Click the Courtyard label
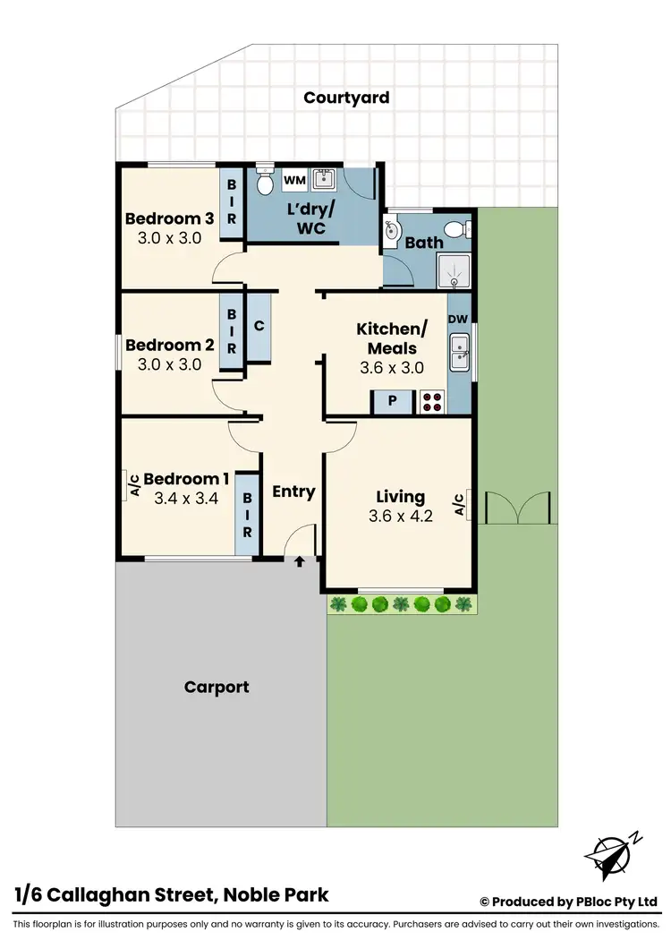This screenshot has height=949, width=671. coord(346,98)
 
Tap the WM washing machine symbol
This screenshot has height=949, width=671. coord(294,181)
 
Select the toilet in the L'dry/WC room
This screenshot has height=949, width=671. coord(264,183)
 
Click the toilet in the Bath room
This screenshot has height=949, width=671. coord(457,228)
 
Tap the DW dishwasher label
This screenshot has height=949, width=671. coord(457,320)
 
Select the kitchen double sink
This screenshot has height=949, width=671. coord(460,352)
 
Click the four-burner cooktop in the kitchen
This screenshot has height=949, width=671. coord(431,401)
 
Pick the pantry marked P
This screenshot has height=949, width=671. coord(392,402)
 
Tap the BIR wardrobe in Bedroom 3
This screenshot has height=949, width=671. coord(232,202)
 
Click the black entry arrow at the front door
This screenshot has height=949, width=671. coord(300,561)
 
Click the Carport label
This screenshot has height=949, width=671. coord(217,688)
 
